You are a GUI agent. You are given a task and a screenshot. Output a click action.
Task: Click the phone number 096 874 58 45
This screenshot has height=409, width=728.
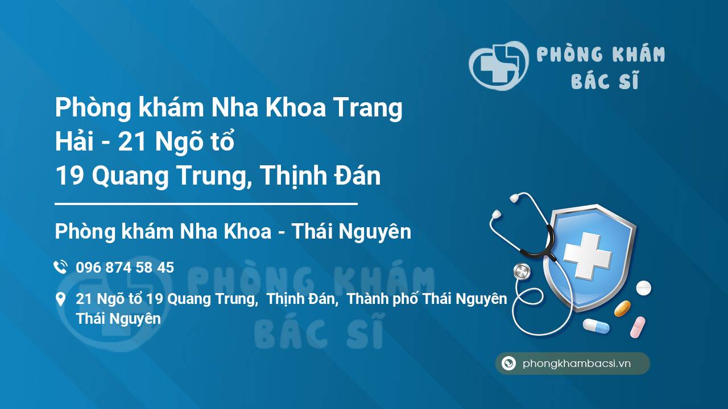coord(125,268)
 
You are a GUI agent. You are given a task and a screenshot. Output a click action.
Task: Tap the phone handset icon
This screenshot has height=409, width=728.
coord(60,267)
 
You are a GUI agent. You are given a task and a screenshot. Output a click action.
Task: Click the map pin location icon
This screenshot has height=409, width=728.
coord(60,299)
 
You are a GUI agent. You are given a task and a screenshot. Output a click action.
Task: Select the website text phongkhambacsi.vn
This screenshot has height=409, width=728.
coord(577,364)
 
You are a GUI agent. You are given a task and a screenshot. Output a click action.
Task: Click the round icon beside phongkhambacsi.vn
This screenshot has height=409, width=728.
coord(508,363)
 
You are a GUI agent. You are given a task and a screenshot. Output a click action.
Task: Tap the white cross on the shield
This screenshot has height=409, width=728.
coord(587,256)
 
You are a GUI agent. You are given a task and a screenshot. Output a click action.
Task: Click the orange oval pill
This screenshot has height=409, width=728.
coord(622,308)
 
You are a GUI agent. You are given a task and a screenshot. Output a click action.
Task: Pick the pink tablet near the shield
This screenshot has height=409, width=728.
coord(638,327)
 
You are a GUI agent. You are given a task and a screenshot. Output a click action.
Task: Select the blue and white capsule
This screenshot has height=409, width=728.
coord(596,326)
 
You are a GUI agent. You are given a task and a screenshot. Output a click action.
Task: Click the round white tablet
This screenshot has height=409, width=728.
coord(643,288)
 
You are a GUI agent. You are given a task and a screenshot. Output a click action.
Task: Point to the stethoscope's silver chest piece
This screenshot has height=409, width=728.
coord(522,272)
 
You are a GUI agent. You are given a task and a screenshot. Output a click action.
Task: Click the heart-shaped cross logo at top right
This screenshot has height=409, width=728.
coord(498,65)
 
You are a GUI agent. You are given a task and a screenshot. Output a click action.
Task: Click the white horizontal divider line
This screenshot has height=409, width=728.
coord(206,204)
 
